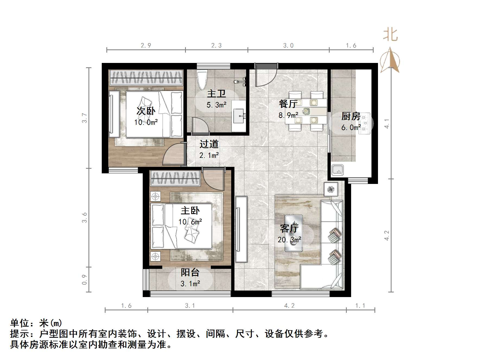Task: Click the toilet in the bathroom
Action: coord(202,80)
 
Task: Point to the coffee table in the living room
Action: coord(293,233)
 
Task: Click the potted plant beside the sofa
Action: coord(331,189)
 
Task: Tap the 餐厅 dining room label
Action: coord(288,104)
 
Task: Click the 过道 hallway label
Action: coord(209,144)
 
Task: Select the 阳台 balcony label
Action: coord(190,272)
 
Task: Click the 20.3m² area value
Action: coord(289,240)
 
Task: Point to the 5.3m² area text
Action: coord(216,105)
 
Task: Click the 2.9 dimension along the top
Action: coord(146,45)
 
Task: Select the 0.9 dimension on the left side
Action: coord(85,279)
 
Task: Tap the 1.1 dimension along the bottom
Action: coord(360,306)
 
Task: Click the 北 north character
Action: coord(390,35)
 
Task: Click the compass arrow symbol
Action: coord(390,60)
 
